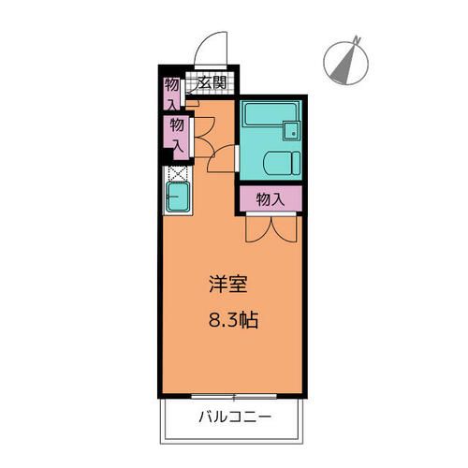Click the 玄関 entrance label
pos(212,83)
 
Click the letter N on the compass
pos(356,38)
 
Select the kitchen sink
pos(178,197)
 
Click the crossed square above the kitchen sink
pos(176,172)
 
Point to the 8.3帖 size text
pos(232,319)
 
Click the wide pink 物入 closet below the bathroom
pos(271,198)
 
